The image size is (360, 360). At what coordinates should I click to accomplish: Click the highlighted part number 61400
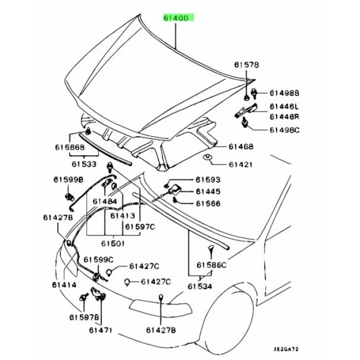[179, 17]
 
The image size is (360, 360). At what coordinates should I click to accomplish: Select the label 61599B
[67, 180]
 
